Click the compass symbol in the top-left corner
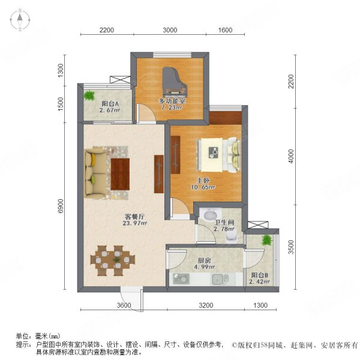click(x=19, y=20)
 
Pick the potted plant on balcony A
click(x=89, y=95)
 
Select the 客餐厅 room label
click(x=117, y=217)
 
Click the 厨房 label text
click(x=205, y=260)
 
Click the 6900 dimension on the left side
click(x=60, y=208)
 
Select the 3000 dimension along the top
click(x=170, y=30)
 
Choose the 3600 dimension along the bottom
click(x=124, y=306)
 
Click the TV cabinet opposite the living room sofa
click(x=158, y=173)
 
